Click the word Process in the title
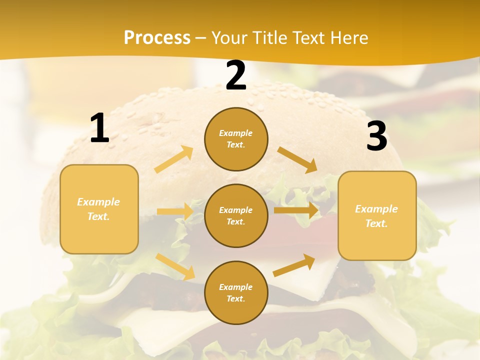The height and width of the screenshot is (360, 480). (157, 37)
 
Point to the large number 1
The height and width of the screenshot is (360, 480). (99, 128)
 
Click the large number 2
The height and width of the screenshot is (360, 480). (236, 75)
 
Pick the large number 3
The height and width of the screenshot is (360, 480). (376, 136)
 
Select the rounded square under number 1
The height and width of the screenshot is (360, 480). (99, 209)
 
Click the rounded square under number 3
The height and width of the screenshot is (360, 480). (377, 216)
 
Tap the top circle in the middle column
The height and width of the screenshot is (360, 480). (236, 139)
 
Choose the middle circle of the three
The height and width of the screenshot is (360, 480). (236, 215)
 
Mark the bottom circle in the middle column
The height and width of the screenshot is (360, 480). (236, 292)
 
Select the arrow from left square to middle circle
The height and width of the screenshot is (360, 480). (175, 211)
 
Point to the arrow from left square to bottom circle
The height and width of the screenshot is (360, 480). (175, 266)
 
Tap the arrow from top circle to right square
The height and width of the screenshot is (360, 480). (297, 160)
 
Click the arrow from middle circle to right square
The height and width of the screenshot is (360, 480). (296, 210)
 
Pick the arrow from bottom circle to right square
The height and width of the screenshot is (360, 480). (294, 265)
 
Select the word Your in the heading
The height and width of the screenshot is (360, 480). (228, 37)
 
